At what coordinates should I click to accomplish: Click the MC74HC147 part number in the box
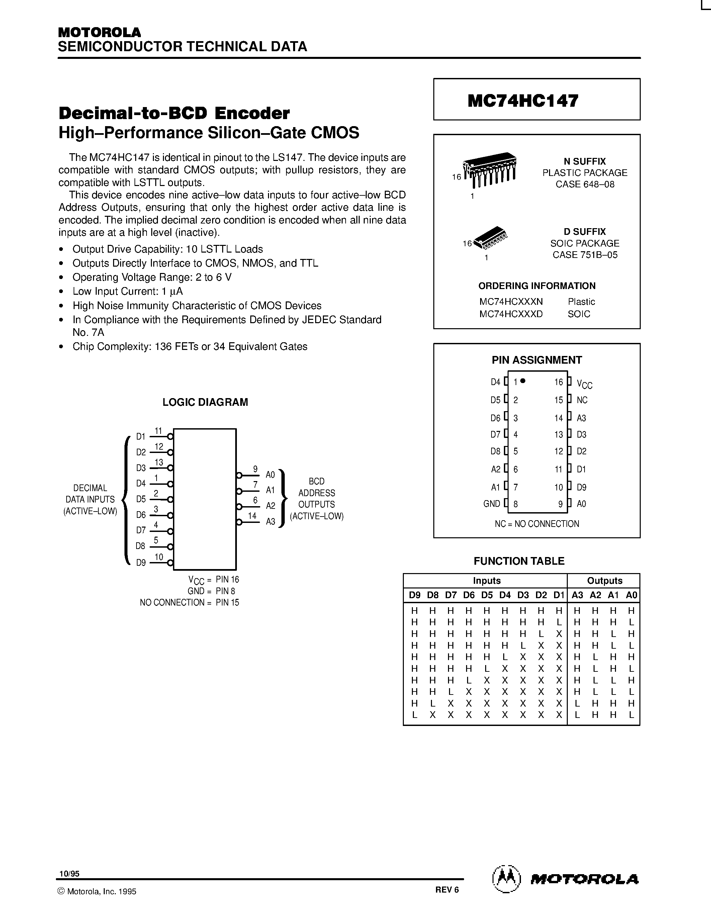tap(523, 101)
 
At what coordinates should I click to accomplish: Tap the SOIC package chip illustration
tap(491, 239)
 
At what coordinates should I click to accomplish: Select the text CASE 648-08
tap(585, 185)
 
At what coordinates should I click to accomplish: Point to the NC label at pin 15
tap(582, 400)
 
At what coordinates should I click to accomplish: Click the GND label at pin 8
tap(492, 504)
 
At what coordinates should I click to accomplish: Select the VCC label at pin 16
tap(584, 384)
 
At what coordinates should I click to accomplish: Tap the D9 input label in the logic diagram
tap(141, 563)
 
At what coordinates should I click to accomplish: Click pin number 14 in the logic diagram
tap(252, 516)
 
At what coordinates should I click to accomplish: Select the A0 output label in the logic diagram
tap(270, 475)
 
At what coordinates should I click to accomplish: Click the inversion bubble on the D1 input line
tap(170, 436)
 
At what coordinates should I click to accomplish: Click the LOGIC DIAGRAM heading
tap(205, 402)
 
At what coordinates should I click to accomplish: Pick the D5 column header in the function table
tap(486, 595)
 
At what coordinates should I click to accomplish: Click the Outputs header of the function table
tap(605, 580)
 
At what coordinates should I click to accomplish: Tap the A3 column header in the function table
tap(577, 595)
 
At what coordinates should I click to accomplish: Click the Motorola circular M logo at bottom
tap(506, 879)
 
